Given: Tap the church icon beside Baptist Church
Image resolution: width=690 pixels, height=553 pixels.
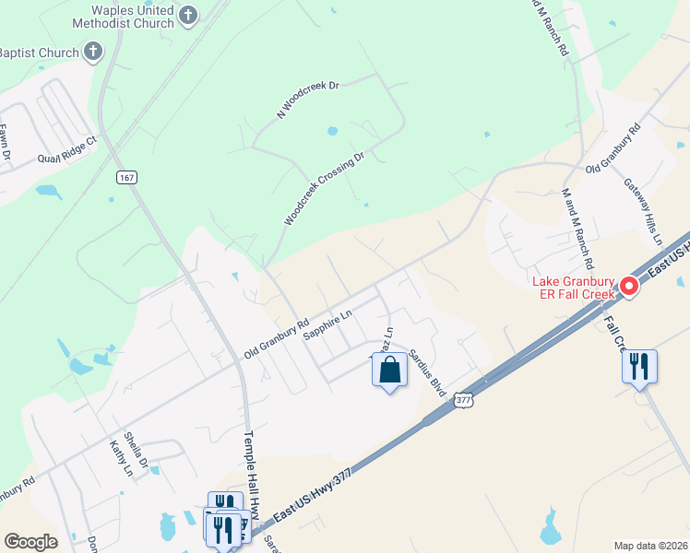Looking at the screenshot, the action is [94, 53].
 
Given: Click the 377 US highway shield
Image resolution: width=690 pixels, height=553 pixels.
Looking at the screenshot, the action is [463, 399].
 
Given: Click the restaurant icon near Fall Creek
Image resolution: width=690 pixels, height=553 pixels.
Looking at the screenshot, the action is [639, 367].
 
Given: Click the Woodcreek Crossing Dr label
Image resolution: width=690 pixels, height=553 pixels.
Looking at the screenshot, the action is [324, 189].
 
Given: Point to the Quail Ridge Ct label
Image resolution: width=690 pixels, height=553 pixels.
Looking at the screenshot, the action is [66, 150].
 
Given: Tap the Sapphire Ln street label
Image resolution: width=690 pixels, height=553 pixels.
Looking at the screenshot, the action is [328, 325].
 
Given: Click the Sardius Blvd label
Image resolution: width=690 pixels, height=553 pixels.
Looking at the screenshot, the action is [427, 372].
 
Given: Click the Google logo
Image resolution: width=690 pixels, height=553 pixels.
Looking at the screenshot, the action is [30, 542].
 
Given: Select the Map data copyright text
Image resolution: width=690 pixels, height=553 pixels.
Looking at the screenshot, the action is [650, 546].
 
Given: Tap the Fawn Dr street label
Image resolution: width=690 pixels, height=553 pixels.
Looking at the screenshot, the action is [5, 143].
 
